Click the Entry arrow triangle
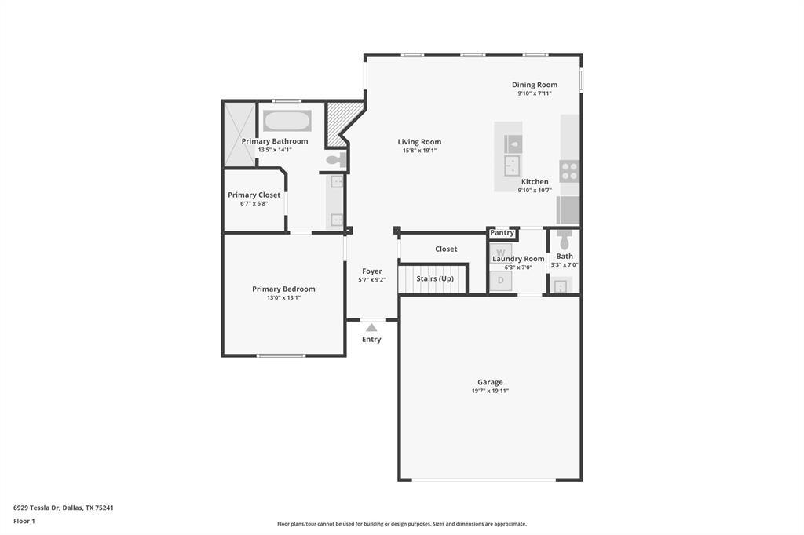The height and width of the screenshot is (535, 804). point(371,327)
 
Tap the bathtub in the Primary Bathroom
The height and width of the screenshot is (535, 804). point(287,121)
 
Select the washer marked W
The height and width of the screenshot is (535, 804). point(501,252)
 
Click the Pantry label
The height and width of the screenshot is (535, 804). point(502,233)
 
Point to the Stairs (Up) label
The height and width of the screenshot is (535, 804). point(435,278)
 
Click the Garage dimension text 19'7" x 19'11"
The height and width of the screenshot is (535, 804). point(490,391)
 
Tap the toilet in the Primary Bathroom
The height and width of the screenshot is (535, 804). point(335,161)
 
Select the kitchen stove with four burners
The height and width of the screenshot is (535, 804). point(569,171)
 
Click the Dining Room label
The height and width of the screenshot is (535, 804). point(534,85)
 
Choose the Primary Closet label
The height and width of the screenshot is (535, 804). point(254,195)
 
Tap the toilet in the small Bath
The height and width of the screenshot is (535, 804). point(565,241)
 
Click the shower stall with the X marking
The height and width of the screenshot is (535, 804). point(239,134)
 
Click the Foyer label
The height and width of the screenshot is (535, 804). point(371,271)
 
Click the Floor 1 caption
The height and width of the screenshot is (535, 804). point(24,521)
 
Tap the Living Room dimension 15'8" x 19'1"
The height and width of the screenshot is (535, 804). point(419,151)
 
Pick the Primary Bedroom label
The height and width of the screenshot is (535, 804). point(283,289)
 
